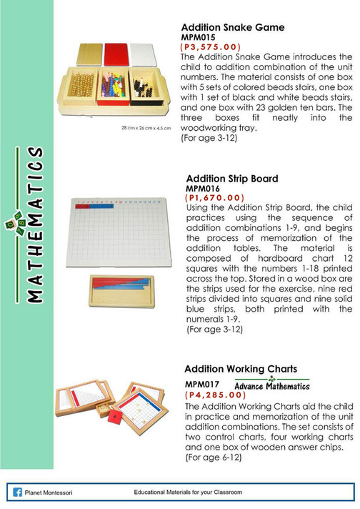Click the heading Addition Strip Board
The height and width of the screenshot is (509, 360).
[x=231, y=178]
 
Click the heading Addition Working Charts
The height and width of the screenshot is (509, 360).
[x=241, y=369]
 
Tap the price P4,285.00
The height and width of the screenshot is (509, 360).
[x=224, y=395]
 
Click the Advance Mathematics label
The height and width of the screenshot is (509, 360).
[x=271, y=385]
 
